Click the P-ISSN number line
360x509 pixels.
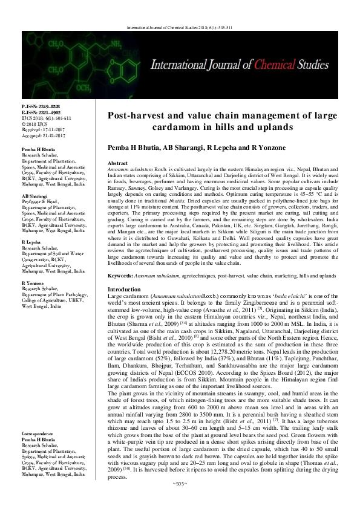[x=38, y=106]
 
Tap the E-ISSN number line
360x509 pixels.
[x=38, y=112]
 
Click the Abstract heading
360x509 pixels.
[x=117, y=164]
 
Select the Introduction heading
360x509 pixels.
[x=123, y=290]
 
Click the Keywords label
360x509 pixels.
[x=120, y=275]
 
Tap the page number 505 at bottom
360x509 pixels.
[x=180, y=501]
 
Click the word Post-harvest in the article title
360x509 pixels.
[x=139, y=115]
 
